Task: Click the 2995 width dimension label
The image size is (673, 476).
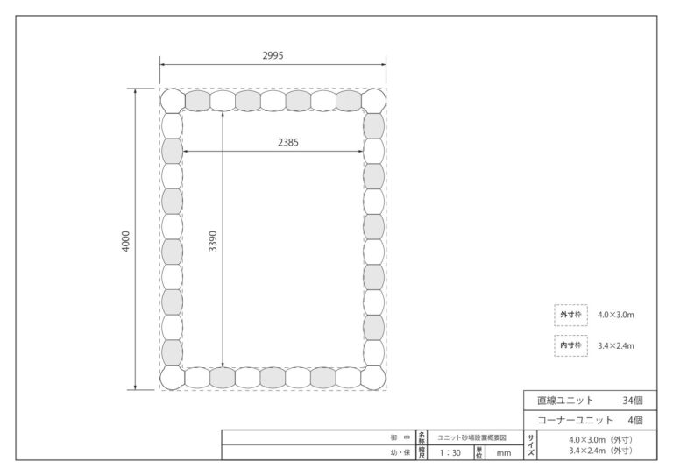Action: coord(273,55)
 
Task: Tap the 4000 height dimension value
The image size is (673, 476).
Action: coord(125,241)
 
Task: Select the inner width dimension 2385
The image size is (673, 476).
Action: coord(288,143)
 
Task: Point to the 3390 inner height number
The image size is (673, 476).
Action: coord(212,241)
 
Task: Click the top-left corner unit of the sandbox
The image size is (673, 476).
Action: coord(173,101)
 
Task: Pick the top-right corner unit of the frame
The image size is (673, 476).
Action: coord(373,101)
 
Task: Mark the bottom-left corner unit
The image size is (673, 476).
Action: coord(173,378)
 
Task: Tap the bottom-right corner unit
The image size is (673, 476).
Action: coord(373,378)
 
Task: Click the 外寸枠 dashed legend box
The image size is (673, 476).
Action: coord(570,315)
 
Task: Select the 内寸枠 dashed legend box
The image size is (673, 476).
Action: coord(570,345)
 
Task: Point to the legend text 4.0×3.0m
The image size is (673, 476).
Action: coord(616,315)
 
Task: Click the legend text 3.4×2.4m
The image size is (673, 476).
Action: coord(616,345)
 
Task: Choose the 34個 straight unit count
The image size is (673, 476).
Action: coord(633,401)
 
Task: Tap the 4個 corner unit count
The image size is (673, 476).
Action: coord(635,420)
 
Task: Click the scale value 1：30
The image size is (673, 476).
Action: coord(450,453)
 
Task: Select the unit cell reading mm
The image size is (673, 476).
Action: coord(504,453)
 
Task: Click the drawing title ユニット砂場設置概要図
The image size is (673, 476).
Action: coord(471,437)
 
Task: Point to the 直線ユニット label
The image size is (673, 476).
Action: coord(565,401)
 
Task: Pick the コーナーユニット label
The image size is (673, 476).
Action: coord(575,420)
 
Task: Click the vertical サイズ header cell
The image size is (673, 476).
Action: coord(530,445)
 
